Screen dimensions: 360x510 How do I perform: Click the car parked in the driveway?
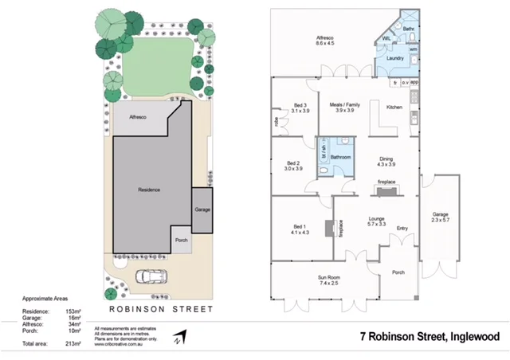[152, 278]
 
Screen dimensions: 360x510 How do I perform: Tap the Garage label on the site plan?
[202, 210]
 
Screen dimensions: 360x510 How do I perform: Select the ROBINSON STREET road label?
[162, 308]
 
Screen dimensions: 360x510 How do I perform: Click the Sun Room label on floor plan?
[329, 280]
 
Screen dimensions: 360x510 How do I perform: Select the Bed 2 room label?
[293, 166]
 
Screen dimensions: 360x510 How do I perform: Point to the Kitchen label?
[395, 108]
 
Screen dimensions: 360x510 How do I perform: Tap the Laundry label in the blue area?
[394, 59]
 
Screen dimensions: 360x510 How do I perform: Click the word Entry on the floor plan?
[402, 229]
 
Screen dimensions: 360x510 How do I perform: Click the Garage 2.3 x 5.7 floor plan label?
[441, 217]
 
